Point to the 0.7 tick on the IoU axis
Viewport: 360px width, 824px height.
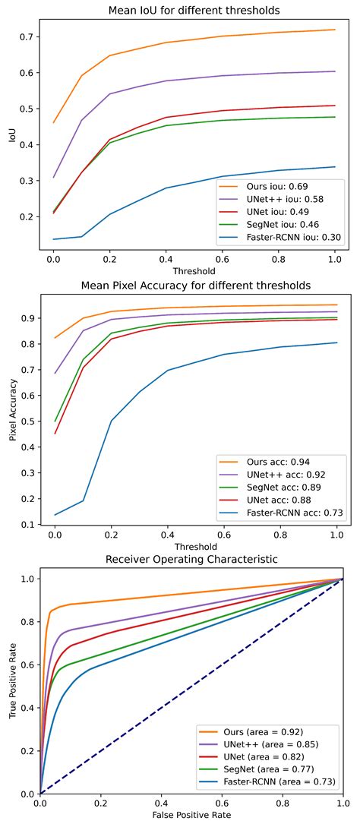click(x=28, y=36)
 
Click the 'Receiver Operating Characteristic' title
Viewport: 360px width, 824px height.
click(x=191, y=561)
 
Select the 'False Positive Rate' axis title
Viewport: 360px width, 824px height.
click(x=191, y=814)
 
